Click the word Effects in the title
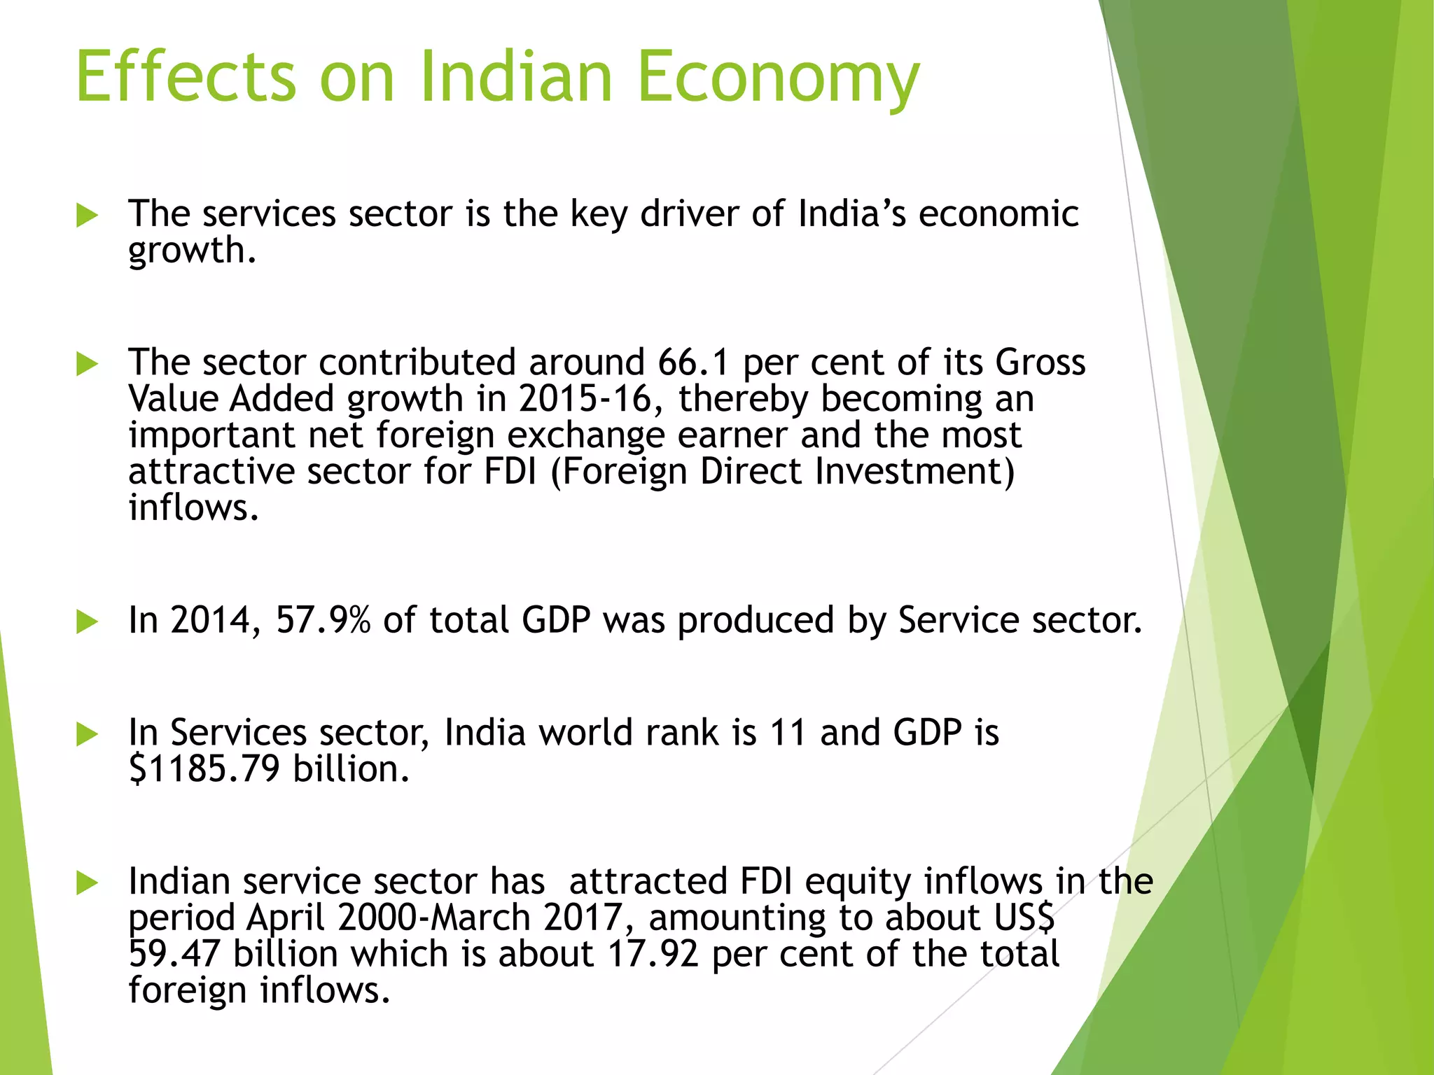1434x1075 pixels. click(x=186, y=77)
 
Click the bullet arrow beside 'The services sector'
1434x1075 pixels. click(x=87, y=216)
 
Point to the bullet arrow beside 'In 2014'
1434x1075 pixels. click(x=87, y=621)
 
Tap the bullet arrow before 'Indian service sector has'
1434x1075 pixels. click(x=87, y=883)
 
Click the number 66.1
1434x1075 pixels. click(x=693, y=363)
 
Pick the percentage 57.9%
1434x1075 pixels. click(x=323, y=620)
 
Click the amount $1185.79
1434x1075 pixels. click(x=204, y=769)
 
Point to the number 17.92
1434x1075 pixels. click(x=653, y=954)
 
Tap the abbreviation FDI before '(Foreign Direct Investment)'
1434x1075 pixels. click(x=510, y=472)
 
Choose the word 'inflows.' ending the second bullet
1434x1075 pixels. click(x=193, y=507)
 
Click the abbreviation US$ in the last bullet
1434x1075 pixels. click(x=1023, y=918)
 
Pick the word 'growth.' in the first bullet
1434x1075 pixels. click(x=192, y=251)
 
